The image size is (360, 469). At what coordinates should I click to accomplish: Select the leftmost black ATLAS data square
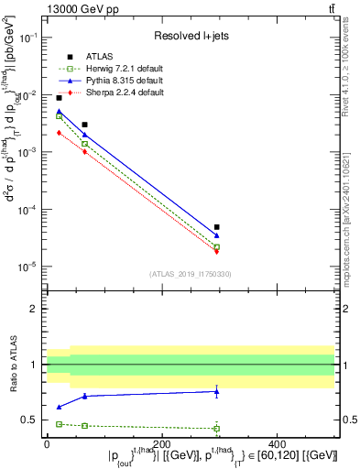point(60,98)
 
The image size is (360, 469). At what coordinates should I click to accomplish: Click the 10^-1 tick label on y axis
point(29,38)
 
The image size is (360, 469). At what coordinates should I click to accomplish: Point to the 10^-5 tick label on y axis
point(29,267)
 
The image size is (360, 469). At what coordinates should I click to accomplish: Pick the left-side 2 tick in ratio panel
point(36,309)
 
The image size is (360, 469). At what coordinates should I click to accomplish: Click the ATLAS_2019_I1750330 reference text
point(190,274)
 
